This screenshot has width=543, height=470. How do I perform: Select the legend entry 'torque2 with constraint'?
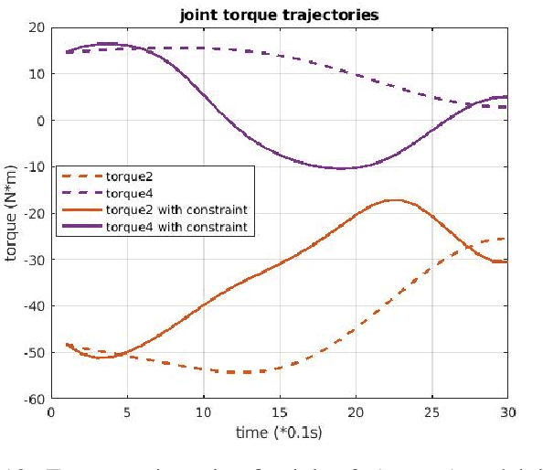pos(177,209)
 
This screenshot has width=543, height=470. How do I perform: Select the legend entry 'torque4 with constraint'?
pos(177,224)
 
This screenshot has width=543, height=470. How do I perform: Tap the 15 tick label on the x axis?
pos(279,412)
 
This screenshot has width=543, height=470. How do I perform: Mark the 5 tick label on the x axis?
pos(127,412)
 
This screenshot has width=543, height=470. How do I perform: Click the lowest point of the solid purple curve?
pos(341,168)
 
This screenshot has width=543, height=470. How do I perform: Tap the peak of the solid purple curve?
pos(105,43)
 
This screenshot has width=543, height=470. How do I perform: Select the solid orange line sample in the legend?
pos(80,209)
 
